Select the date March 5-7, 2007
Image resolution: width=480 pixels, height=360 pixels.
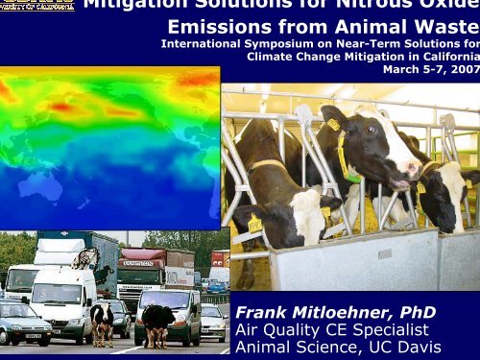click(x=430, y=68)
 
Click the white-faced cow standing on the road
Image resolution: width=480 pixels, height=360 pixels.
click(x=103, y=322)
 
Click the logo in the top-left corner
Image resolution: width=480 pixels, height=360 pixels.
click(x=36, y=5)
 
